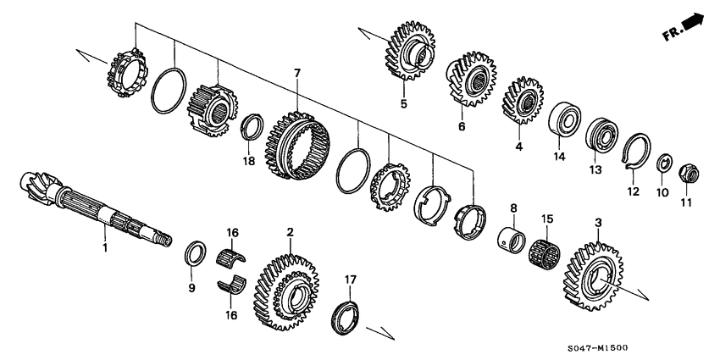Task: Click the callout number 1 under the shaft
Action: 105,249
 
